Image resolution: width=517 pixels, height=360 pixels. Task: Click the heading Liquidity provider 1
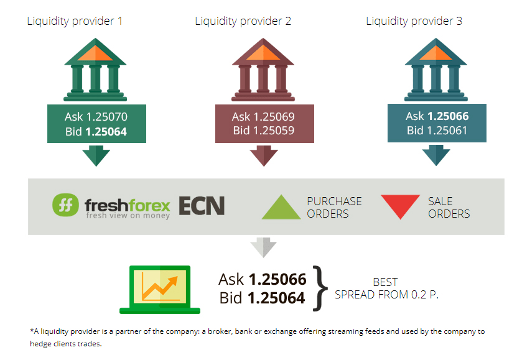point(75,21)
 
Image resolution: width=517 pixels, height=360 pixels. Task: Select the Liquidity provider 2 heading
point(243,21)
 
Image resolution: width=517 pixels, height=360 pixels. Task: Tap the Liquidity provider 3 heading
point(414,21)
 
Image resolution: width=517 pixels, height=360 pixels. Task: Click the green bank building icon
point(95,70)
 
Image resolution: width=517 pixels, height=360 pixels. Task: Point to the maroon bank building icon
point(263,70)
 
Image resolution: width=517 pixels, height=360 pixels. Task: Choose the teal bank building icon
point(436,70)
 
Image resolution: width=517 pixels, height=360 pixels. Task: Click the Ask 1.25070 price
point(96,117)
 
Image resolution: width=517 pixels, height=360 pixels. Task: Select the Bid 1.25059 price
point(263,131)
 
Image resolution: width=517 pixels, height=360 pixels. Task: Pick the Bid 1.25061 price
point(437,131)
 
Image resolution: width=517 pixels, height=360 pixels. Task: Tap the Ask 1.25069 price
point(263,117)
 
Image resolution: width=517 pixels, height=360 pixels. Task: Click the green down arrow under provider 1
point(96,157)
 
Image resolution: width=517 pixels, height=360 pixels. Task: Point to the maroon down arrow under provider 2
point(263,157)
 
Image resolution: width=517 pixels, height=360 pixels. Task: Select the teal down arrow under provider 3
point(436,157)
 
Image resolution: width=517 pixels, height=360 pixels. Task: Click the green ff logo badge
point(65,205)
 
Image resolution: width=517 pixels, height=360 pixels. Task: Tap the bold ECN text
point(202,206)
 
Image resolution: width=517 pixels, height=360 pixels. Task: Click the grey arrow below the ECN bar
point(263,247)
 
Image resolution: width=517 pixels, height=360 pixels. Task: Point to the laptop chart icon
point(160,290)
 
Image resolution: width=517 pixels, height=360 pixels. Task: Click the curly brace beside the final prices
point(319,288)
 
